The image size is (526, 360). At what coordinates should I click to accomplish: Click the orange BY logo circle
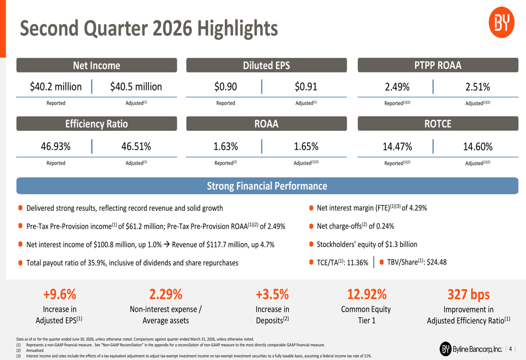tap(501, 23)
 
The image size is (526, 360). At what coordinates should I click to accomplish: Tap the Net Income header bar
tap(97, 65)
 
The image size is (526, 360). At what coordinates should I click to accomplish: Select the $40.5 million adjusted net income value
tap(136, 87)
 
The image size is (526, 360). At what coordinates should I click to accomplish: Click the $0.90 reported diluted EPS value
tap(226, 87)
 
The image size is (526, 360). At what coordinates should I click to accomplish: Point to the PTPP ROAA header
tap(438, 65)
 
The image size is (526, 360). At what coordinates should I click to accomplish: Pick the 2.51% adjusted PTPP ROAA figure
tap(478, 87)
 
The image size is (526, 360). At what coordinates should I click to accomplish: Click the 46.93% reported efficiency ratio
tap(56, 147)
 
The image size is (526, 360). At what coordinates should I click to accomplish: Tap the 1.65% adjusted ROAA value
tap(306, 147)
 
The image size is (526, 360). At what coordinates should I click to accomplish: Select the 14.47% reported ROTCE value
tap(397, 147)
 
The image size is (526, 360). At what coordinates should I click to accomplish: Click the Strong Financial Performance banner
tap(267, 186)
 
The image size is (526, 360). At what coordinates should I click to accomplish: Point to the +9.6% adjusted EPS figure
tap(60, 294)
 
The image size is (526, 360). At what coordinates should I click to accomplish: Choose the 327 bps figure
tap(469, 294)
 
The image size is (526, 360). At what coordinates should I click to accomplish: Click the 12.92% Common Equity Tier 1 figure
tap(367, 294)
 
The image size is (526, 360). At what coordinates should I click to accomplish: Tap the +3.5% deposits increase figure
tap(272, 294)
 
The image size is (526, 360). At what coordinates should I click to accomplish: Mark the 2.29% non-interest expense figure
tap(166, 294)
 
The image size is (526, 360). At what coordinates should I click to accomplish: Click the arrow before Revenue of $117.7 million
tap(167, 244)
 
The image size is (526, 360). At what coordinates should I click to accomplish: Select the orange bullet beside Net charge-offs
tap(311, 227)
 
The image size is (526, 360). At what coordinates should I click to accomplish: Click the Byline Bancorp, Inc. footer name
tap(477, 349)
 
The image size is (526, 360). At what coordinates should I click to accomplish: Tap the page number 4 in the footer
tap(510, 349)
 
